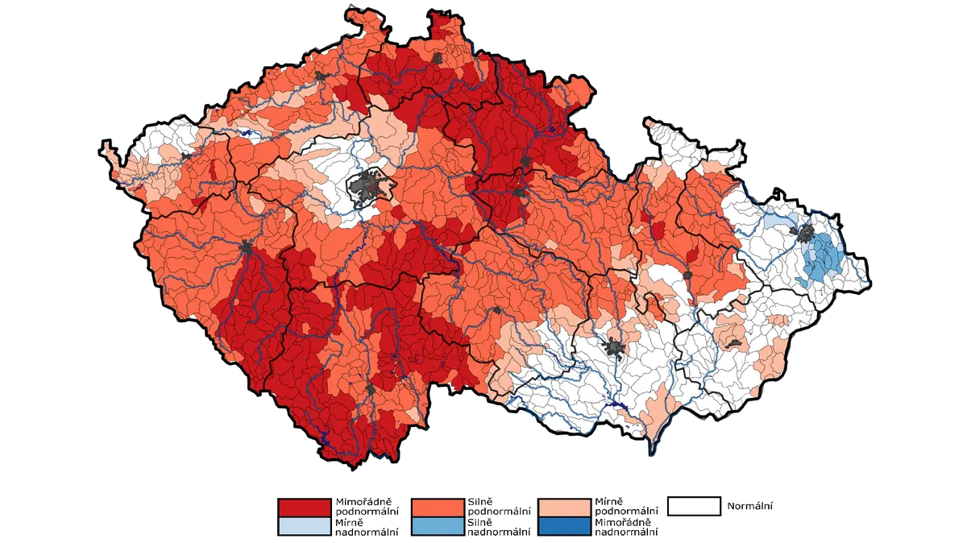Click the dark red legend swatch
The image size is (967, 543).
coord(304,508)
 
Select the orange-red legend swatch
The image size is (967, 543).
coord(438,508)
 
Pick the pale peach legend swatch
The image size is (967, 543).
coord(564,508)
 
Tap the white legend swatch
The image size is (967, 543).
coord(693,506)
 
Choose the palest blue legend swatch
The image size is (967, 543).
coord(304,526)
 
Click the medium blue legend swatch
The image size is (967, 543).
coord(438,526)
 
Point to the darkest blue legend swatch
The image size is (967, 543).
coord(564,526)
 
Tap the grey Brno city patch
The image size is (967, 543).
coord(616,348)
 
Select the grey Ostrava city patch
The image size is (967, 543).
coord(804,233)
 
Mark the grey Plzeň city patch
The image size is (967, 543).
coord(245,247)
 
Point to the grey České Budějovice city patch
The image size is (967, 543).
coord(370,389)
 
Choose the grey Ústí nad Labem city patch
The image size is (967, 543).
coord(321,77)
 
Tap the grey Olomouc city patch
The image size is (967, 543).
coord(687,276)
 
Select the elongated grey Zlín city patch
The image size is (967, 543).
coord(733,344)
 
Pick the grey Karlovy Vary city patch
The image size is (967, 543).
coord(186,156)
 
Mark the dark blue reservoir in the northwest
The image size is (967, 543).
coord(246,132)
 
